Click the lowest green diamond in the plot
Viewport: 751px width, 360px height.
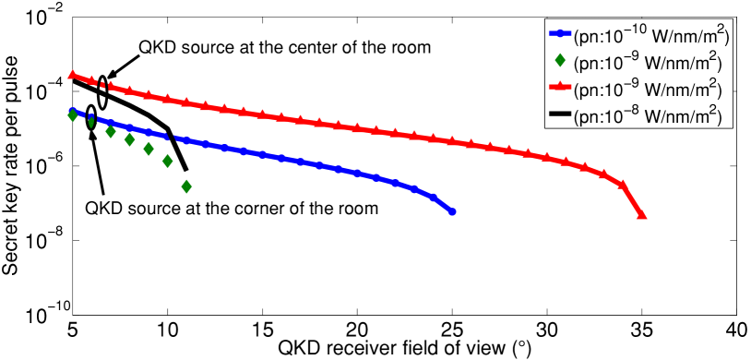point(186,186)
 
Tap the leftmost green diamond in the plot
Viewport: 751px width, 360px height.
point(73,115)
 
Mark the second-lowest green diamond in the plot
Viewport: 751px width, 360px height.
point(168,161)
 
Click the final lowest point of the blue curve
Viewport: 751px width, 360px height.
point(452,212)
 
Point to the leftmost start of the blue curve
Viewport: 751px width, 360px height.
point(73,110)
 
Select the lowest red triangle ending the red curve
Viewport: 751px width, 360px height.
point(641,216)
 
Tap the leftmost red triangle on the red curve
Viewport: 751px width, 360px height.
point(73,75)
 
